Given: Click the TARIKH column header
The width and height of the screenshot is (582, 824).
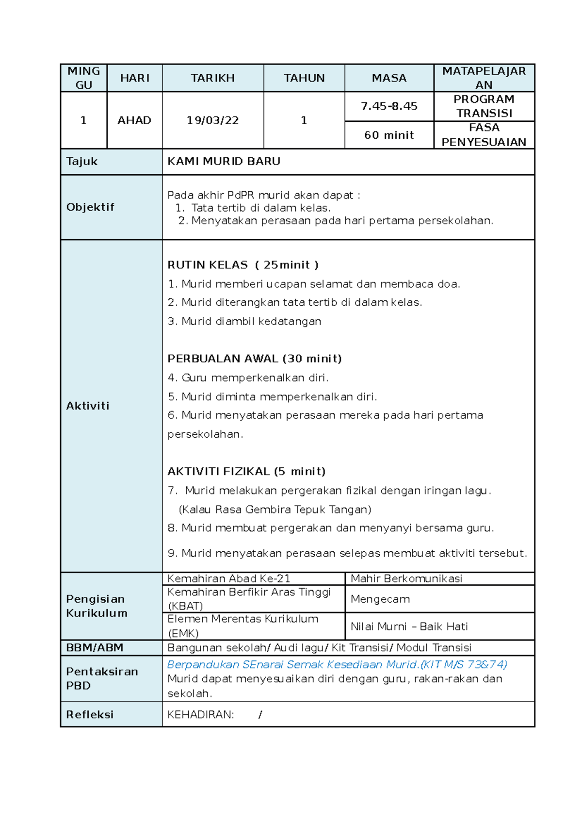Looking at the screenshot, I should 212,78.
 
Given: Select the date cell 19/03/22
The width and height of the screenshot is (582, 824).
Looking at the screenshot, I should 212,120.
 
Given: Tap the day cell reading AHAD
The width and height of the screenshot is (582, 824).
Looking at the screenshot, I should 134,120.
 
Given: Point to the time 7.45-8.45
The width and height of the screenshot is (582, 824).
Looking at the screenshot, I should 389,106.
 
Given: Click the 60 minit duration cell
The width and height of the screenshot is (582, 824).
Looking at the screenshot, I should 389,135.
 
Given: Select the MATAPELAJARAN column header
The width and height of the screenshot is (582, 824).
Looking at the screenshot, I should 484,78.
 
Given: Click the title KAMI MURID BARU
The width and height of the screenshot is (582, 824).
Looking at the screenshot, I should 224,161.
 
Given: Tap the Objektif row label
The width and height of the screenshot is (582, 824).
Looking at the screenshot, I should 90,207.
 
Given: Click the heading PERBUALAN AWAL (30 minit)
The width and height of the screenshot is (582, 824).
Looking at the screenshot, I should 254,359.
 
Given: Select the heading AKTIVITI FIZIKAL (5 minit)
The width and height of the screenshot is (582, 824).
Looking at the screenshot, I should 246,471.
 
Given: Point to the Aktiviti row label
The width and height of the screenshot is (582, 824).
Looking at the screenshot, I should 88,406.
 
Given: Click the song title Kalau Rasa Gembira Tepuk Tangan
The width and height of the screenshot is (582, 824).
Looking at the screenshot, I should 275,510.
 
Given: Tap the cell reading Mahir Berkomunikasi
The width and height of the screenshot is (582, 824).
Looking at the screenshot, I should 406,578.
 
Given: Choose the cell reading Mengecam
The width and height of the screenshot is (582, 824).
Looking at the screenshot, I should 380,599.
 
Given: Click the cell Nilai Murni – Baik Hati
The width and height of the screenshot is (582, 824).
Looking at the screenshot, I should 409,626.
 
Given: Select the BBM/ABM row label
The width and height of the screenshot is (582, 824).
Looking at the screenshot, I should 95,647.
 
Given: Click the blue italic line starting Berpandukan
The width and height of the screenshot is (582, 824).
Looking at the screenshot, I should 337,664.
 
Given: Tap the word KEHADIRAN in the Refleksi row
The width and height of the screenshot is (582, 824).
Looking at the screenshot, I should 200,714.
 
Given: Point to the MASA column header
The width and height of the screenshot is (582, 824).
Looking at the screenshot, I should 389,78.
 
